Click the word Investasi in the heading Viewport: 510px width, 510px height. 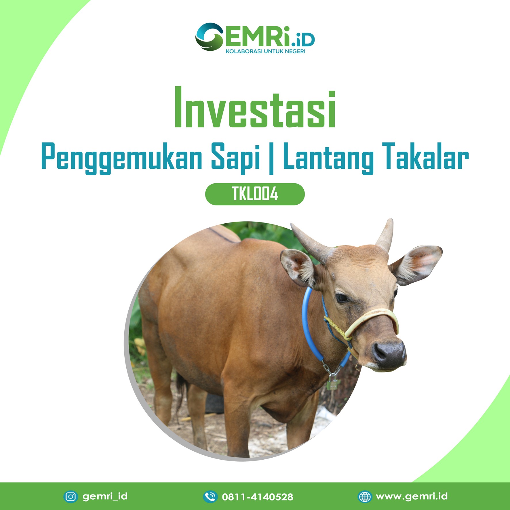(255, 107)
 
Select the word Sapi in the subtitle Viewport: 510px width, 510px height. (236, 158)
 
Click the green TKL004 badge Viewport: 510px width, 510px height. (255, 194)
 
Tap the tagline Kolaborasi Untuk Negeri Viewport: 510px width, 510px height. (265, 52)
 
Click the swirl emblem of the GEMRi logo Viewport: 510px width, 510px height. (209, 37)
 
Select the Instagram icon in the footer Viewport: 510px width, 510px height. (71, 496)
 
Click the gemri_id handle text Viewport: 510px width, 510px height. (105, 496)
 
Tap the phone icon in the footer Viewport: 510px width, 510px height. (210, 496)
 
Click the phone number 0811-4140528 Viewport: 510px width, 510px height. (258, 497)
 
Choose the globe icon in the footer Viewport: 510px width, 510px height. (365, 496)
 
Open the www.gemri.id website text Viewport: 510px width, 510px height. (412, 496)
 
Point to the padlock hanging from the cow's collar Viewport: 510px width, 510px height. (332, 383)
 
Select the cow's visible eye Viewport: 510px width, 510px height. (342, 298)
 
